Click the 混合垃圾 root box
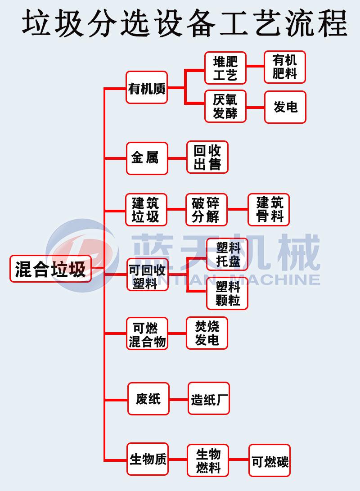click(x=50, y=269)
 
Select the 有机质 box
click(x=147, y=88)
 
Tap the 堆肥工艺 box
click(x=225, y=68)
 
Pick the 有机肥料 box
click(x=285, y=67)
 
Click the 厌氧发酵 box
click(x=225, y=107)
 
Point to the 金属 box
click(x=147, y=158)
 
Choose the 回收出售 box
click(x=207, y=158)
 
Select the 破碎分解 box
click(x=207, y=210)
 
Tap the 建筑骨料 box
click(x=269, y=210)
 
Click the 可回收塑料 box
click(x=147, y=275)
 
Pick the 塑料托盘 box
click(x=227, y=254)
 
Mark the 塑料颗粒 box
click(x=227, y=293)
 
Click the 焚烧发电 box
click(x=207, y=333)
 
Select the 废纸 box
click(x=148, y=399)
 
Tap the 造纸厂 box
click(x=209, y=399)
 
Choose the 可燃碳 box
click(x=270, y=460)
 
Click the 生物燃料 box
click(x=208, y=460)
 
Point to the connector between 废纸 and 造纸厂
click(x=179, y=399)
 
